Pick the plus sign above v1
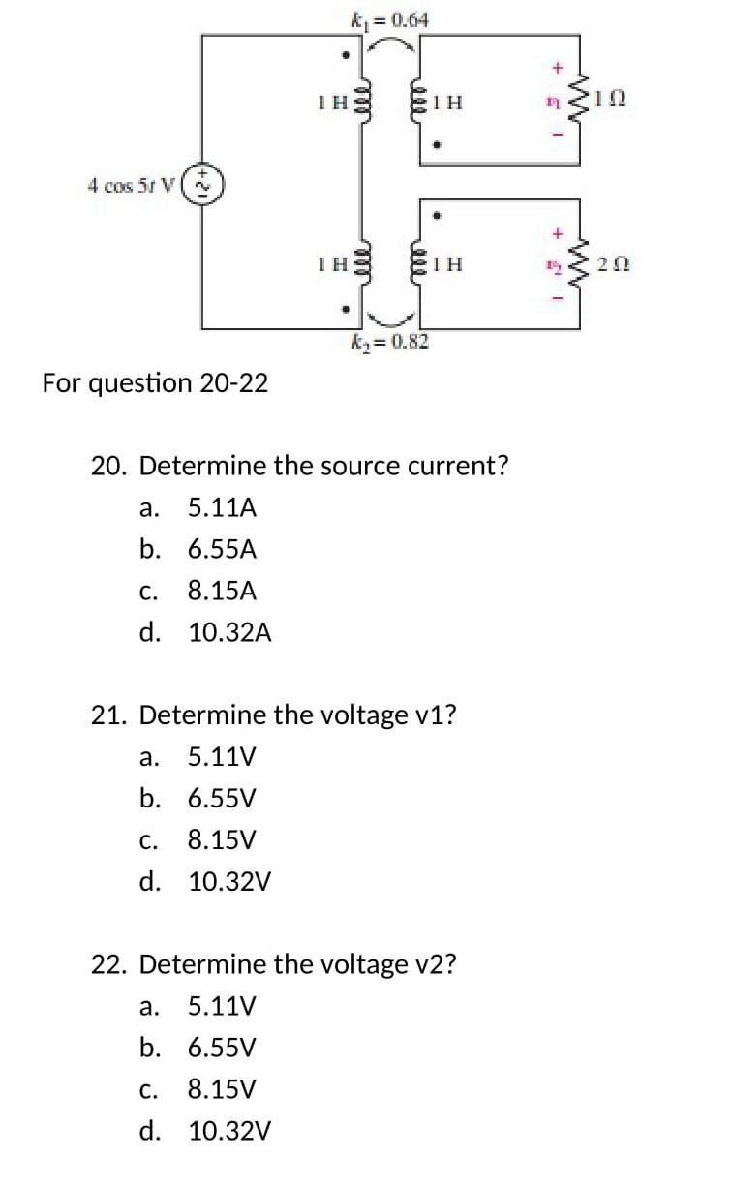pos(557,68)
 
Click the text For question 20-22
pos(156,383)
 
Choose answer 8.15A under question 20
pos(222,591)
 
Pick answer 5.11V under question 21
pos(222,756)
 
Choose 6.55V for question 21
pos(222,799)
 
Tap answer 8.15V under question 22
pos(222,1089)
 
